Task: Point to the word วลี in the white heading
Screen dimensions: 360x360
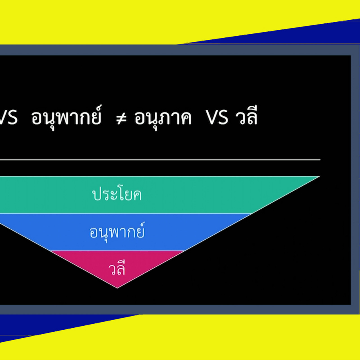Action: click(x=246, y=116)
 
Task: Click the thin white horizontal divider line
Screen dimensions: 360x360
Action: click(x=160, y=160)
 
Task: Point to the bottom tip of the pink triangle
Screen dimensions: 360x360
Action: click(x=117, y=288)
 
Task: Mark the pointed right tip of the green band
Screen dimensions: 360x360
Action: click(x=320, y=176)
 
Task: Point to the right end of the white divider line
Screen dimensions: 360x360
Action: click(x=320, y=160)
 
